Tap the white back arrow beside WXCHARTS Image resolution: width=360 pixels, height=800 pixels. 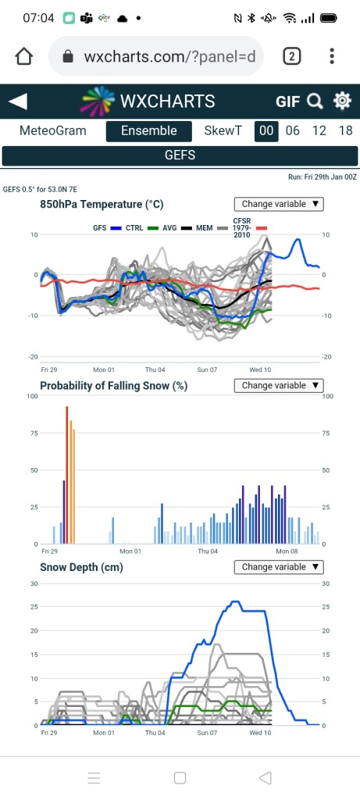[x=18, y=101]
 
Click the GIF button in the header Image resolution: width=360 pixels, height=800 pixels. [x=287, y=102]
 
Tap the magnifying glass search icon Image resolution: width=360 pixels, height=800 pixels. [x=315, y=102]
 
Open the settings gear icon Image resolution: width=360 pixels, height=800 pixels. [x=342, y=101]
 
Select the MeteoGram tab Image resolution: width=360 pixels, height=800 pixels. [x=53, y=130]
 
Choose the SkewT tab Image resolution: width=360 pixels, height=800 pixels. [x=223, y=130]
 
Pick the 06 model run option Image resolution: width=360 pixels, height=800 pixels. [x=293, y=130]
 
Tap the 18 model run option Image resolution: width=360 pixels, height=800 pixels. [x=346, y=130]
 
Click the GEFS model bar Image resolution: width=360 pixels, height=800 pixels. [x=180, y=155]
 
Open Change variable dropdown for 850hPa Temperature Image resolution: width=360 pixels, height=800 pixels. [x=279, y=204]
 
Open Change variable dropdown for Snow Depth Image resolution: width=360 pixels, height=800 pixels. [x=279, y=567]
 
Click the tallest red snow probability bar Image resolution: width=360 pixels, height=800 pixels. [x=67, y=475]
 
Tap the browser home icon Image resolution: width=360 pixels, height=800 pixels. [x=24, y=56]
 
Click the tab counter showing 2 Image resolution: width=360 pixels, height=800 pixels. [x=292, y=56]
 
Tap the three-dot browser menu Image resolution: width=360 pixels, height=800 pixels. [x=332, y=56]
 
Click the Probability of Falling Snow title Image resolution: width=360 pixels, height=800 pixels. [x=114, y=386]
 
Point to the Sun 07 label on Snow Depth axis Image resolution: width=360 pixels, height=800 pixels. [x=207, y=733]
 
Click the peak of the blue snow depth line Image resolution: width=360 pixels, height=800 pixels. [x=234, y=602]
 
